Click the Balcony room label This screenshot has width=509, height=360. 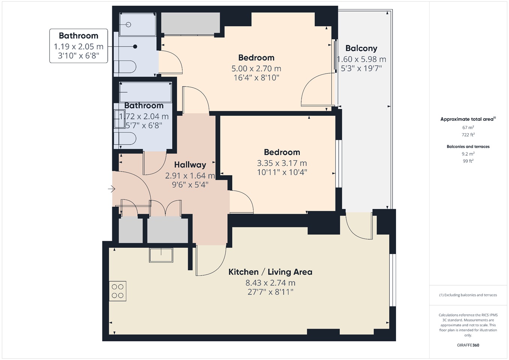click(x=361, y=48)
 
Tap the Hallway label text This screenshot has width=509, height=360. click(x=190, y=165)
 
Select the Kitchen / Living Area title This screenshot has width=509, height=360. click(x=270, y=272)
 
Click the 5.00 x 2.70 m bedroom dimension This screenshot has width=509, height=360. click(x=256, y=69)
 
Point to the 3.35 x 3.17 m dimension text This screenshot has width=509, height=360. click(x=282, y=163)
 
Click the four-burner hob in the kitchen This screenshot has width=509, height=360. click(x=118, y=291)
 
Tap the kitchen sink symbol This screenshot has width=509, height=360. click(x=161, y=255)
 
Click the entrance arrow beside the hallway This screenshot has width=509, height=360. click(x=111, y=189)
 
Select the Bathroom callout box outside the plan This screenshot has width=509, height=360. click(x=79, y=46)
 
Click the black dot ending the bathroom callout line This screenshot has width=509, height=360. click(x=135, y=46)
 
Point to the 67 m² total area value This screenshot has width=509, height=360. click(x=468, y=127)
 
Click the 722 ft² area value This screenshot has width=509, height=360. click(x=468, y=135)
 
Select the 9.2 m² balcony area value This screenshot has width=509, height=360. click(x=468, y=154)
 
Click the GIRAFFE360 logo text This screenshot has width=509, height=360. click(x=468, y=345)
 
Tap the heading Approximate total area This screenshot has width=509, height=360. click(x=467, y=119)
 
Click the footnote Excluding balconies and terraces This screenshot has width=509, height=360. click(x=468, y=295)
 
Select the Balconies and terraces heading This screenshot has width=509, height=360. click(x=468, y=147)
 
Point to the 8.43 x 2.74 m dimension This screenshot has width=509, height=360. click(x=270, y=283)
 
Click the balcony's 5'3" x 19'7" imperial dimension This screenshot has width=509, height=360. click(x=361, y=68)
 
